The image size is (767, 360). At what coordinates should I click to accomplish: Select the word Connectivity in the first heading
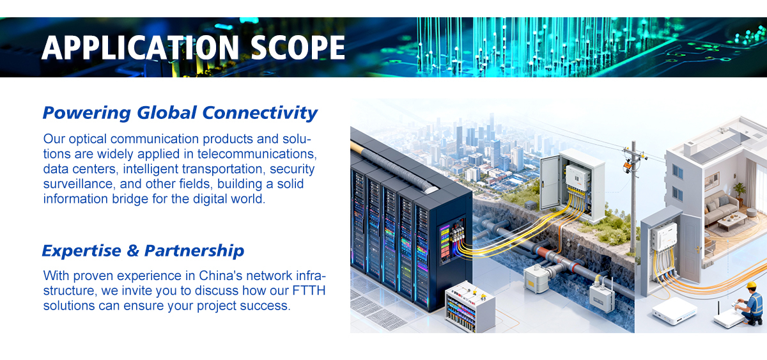[260, 113]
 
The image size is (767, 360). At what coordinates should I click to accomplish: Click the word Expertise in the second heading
[81, 251]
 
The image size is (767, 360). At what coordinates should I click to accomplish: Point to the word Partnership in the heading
[194, 251]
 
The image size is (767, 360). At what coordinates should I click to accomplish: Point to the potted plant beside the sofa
[740, 191]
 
